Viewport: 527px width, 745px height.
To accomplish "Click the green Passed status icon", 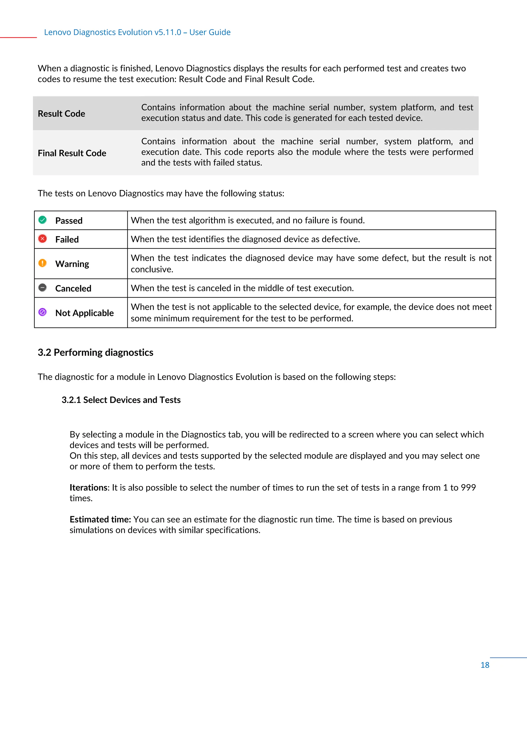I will tap(42, 220).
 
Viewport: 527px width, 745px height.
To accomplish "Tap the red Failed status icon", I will tap(42, 239).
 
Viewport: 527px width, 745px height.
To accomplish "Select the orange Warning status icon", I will tap(42, 263).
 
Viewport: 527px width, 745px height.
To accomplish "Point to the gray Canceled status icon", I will tap(42, 288).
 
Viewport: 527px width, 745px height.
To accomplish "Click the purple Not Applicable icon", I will tap(42, 312).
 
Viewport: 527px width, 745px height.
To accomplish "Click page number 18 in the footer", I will tap(485, 665).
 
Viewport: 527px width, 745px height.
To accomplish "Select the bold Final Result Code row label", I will tap(72, 153).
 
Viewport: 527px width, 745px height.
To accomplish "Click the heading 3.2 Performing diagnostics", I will tap(95, 352).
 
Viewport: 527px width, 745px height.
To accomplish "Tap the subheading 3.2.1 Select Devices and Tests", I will tap(121, 400).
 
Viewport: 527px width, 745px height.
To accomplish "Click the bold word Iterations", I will tap(89, 487).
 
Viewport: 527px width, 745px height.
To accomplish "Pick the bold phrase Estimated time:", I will tap(100, 519).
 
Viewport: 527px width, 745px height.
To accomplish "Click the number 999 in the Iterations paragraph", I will tap(468, 487).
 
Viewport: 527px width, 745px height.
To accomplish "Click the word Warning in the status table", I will tap(72, 264).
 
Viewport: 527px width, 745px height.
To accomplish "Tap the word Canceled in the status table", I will tap(73, 288).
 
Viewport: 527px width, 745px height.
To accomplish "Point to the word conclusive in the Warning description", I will tap(152, 269).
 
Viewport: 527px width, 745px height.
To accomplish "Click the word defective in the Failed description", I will tap(340, 239).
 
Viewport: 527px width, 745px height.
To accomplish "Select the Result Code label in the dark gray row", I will tap(61, 113).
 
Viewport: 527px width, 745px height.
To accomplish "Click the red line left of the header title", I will tap(18, 38).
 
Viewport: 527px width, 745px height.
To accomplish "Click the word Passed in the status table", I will tap(69, 221).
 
